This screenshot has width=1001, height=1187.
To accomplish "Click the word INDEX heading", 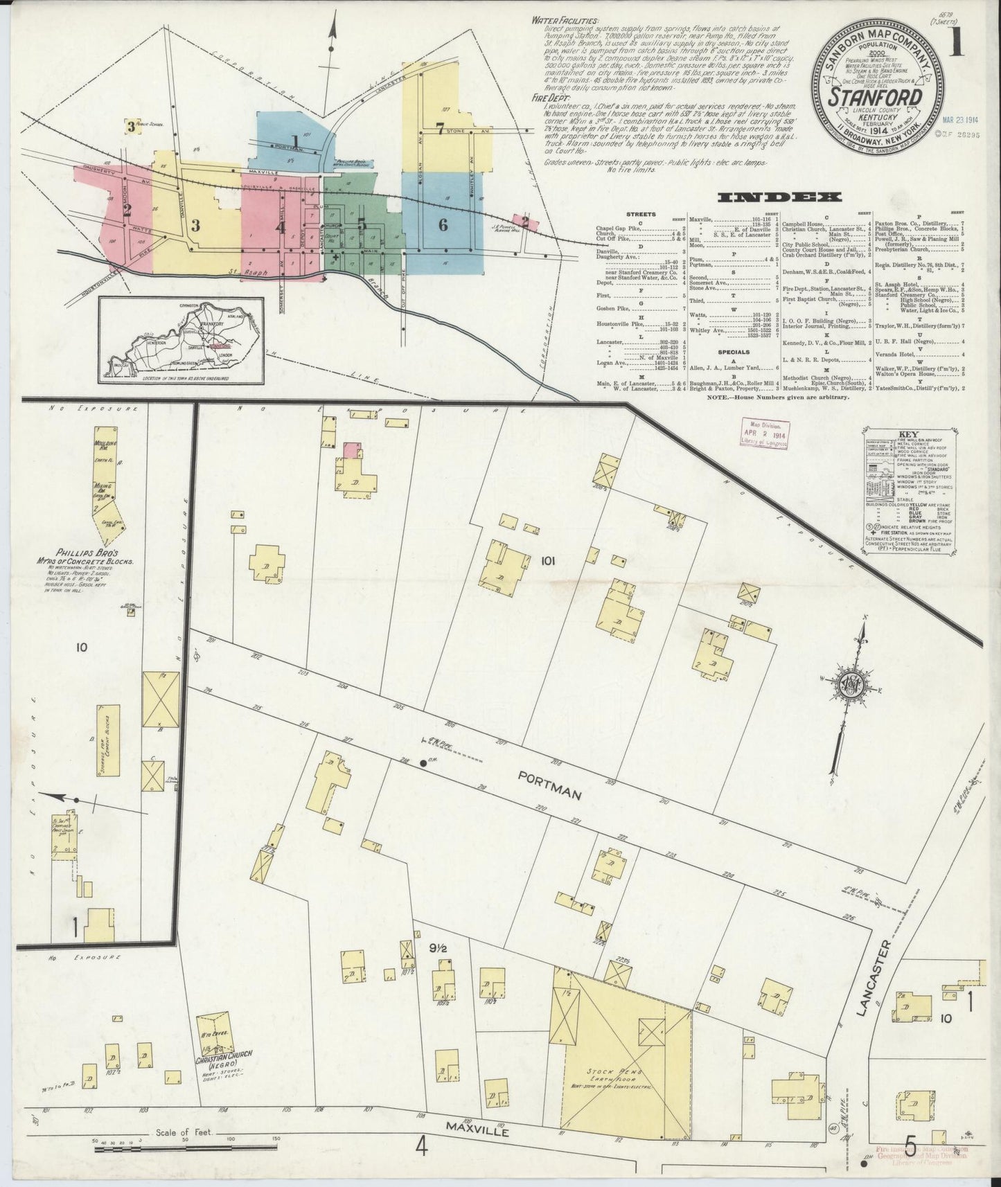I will pyautogui.click(x=781, y=197).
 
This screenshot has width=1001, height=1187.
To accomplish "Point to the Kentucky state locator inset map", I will pyautogui.click(x=181, y=340).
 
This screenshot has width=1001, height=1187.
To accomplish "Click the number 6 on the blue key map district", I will pyautogui.click(x=443, y=224).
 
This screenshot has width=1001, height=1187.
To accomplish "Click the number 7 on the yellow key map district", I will pyautogui.click(x=440, y=127).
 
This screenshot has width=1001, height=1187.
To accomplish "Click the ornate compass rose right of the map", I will pyautogui.click(x=850, y=686).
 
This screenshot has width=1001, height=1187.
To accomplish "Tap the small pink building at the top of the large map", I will pyautogui.click(x=352, y=450).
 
